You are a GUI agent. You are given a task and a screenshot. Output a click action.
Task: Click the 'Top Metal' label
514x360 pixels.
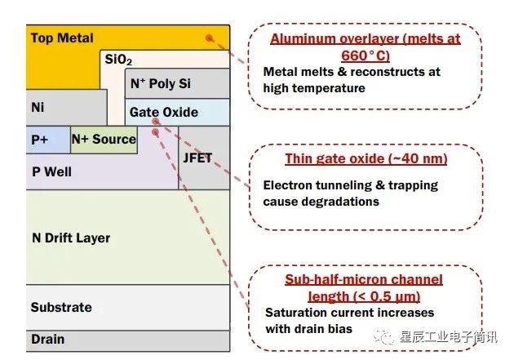(x=62, y=38)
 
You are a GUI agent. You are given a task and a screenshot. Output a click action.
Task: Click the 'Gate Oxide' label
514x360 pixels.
(x=163, y=112)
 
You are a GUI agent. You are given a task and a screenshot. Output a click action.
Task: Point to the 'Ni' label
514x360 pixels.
(x=38, y=107)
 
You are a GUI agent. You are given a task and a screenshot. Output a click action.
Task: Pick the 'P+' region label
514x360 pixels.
(x=40, y=140)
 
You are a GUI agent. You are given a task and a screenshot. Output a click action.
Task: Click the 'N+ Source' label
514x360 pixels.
(x=104, y=140)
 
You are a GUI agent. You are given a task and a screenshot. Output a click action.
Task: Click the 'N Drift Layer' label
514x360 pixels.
(x=70, y=238)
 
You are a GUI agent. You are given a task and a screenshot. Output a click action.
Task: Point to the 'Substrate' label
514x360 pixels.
(x=61, y=308)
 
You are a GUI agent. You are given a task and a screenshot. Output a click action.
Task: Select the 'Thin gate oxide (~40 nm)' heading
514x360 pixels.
(x=366, y=158)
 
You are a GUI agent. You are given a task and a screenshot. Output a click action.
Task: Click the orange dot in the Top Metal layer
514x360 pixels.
(x=210, y=38)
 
